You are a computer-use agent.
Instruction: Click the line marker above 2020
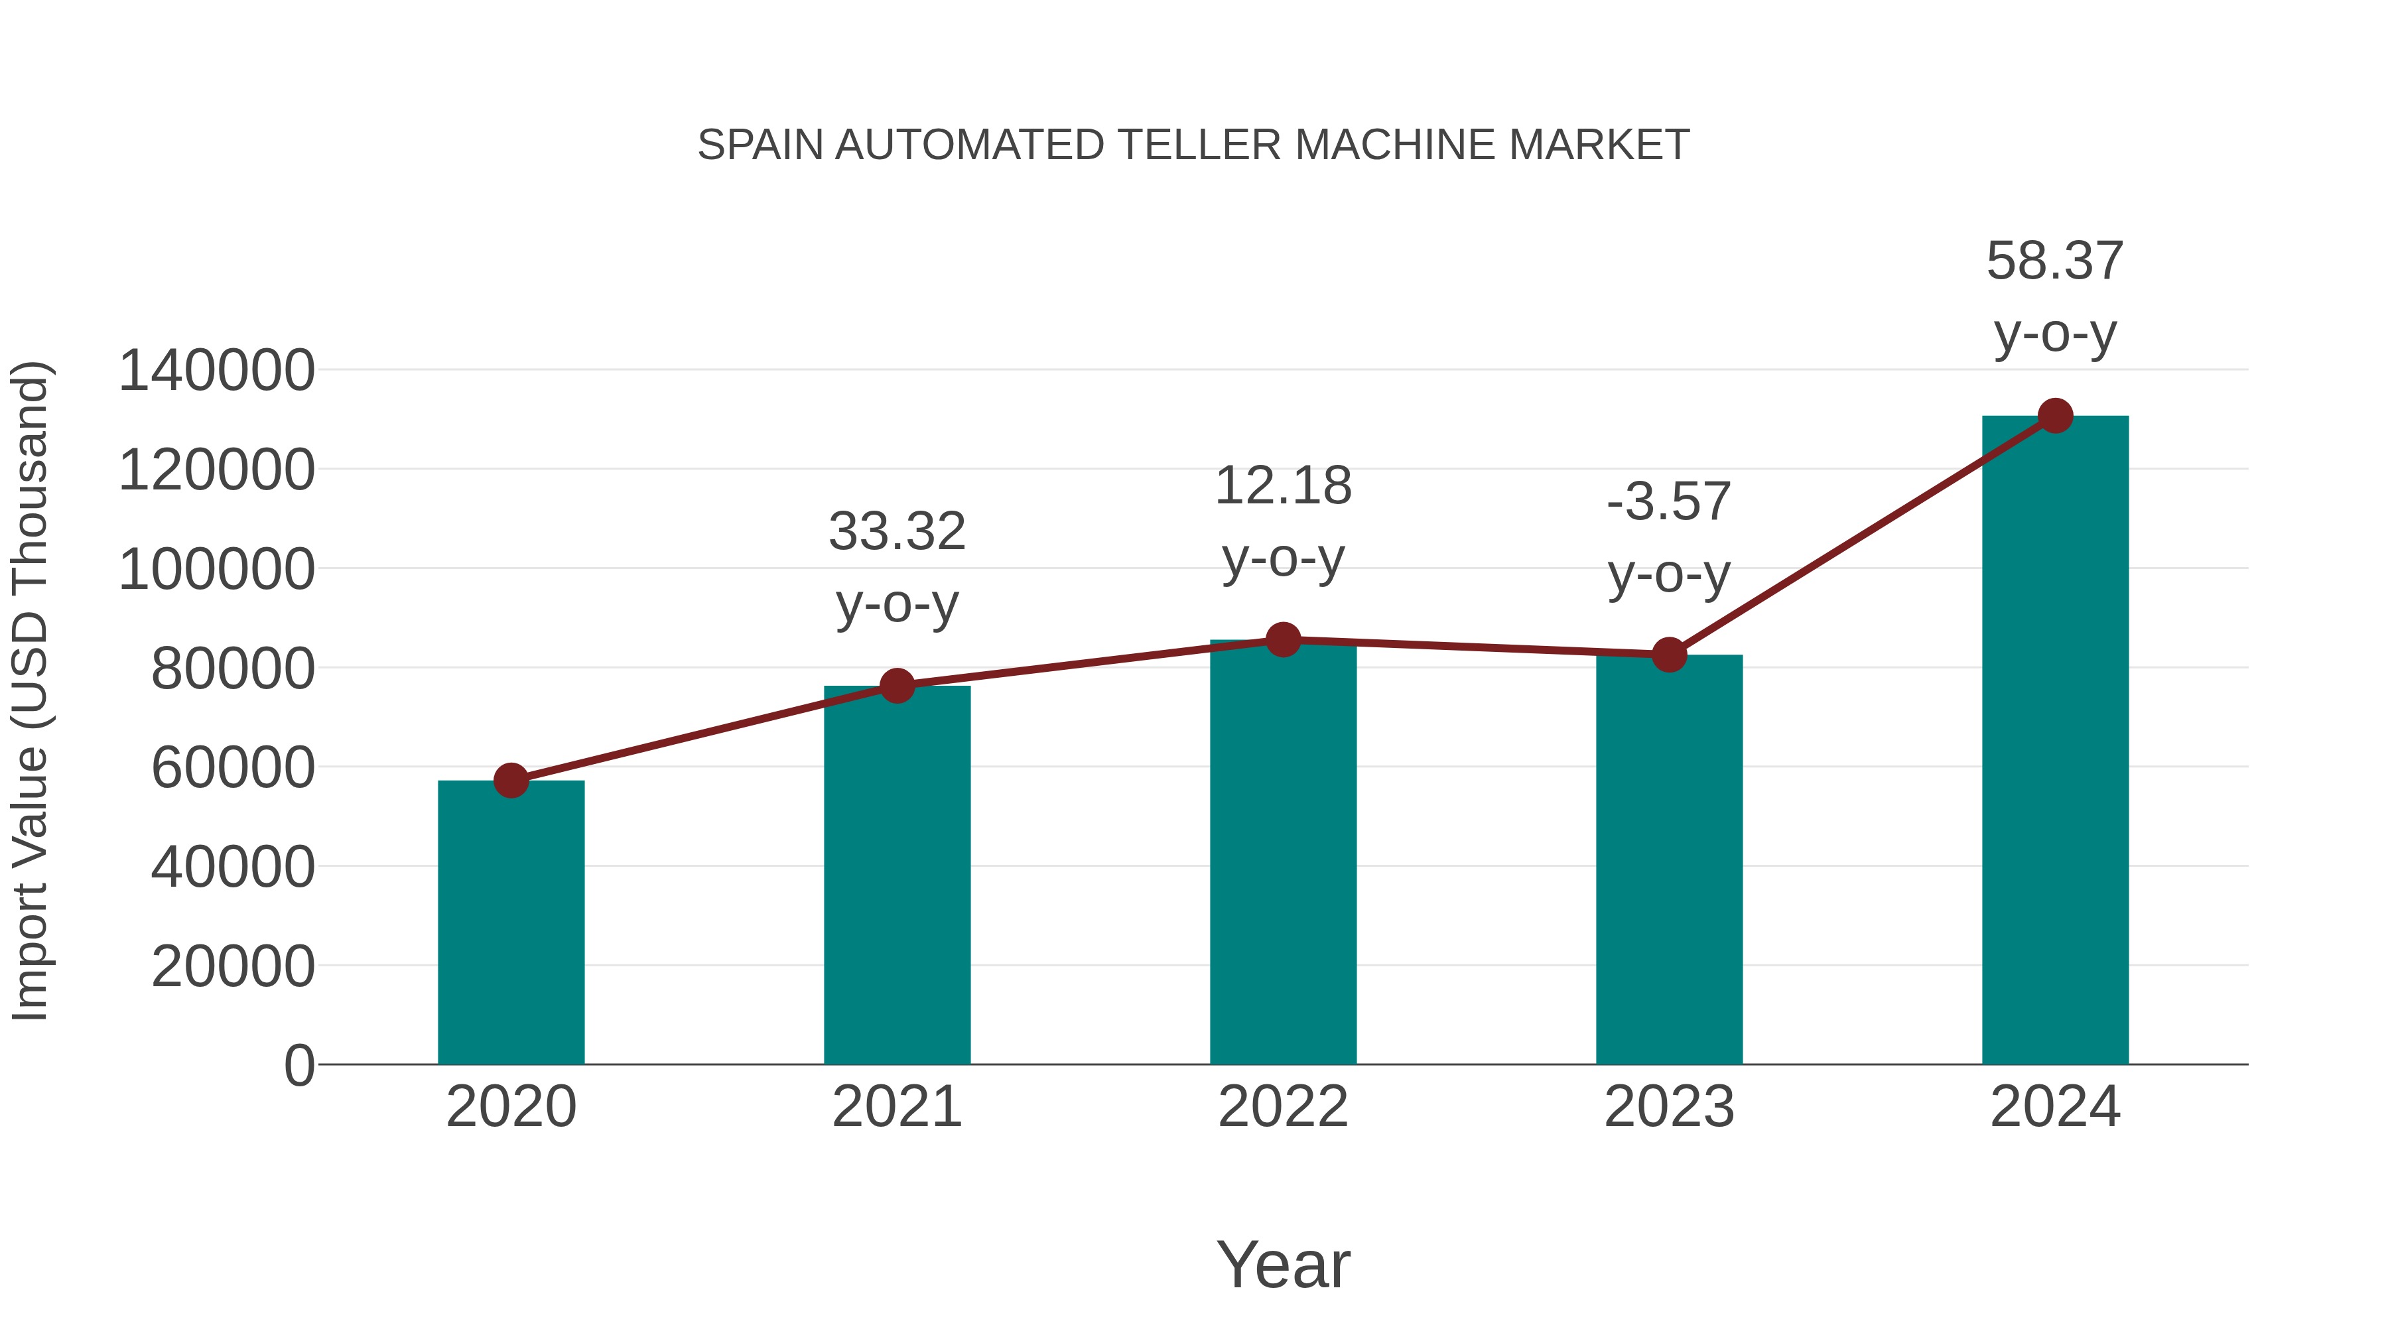tap(511, 781)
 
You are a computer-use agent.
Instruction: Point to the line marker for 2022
tap(1283, 639)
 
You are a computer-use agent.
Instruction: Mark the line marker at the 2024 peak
tap(2055, 416)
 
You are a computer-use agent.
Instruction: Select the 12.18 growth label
tap(1283, 487)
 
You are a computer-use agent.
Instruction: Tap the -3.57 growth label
tap(1669, 502)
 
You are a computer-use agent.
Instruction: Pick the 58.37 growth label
tap(2055, 261)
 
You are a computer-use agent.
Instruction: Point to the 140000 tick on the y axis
tap(216, 371)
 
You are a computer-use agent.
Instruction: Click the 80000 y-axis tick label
tap(233, 669)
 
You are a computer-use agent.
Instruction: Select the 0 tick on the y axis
tap(299, 1065)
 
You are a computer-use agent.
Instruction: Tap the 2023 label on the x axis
tap(1669, 1107)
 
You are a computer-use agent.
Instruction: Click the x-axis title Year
tap(1283, 1264)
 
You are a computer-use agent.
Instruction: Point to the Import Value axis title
tap(30, 690)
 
